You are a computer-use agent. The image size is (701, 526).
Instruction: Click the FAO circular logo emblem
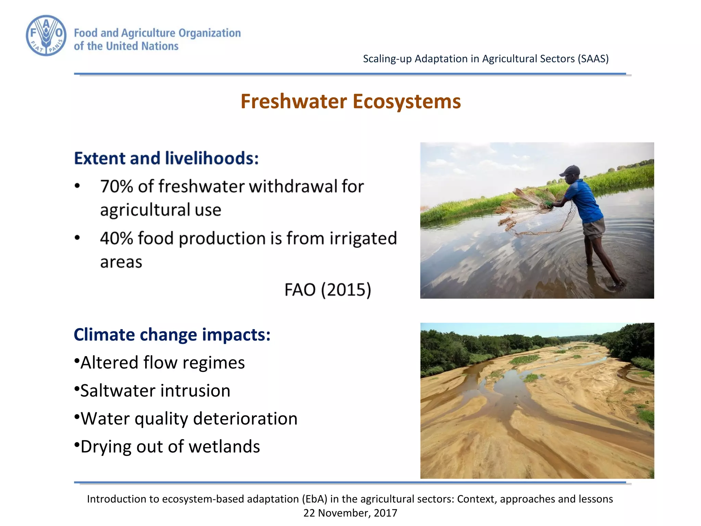click(46, 36)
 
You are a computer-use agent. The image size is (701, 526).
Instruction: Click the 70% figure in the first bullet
click(116, 187)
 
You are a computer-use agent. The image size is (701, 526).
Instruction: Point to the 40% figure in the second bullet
click(116, 238)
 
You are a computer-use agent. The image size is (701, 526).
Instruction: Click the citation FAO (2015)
click(328, 290)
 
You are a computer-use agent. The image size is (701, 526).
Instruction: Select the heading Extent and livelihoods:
click(166, 158)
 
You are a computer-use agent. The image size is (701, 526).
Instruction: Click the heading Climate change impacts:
click(172, 335)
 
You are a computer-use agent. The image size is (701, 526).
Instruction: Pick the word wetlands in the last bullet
click(224, 447)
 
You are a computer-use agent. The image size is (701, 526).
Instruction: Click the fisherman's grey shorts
click(594, 228)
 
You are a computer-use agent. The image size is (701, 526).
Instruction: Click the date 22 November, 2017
click(350, 513)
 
